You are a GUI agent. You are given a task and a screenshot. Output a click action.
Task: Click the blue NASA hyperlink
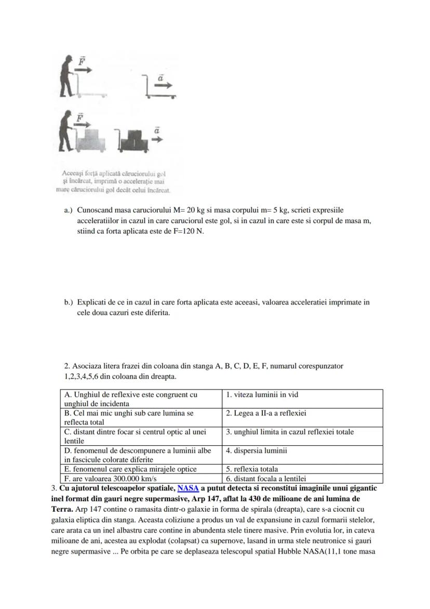(188, 489)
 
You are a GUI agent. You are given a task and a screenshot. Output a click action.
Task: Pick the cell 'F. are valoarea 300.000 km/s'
(140, 478)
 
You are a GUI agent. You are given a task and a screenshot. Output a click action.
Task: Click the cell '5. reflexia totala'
(302, 469)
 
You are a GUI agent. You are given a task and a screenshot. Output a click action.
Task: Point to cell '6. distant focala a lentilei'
(302, 478)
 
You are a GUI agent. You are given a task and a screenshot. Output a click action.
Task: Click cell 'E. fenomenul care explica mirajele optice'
(140, 469)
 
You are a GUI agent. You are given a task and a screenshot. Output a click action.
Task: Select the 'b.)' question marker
(69, 302)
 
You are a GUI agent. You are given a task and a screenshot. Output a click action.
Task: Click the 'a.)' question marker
(69, 210)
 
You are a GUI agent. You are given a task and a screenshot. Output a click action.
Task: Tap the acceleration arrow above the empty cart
(162, 83)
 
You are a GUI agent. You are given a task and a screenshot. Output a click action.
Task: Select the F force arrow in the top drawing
(84, 66)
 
